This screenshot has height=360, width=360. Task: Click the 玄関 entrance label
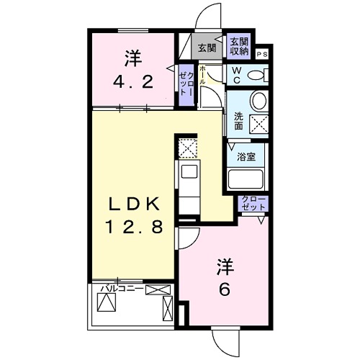pyautogui.click(x=207, y=48)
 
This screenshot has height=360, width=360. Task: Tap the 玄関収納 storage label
pyautogui.click(x=239, y=47)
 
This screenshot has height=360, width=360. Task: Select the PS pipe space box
pyautogui.click(x=262, y=55)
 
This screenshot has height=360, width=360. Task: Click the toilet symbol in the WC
pyautogui.click(x=258, y=75)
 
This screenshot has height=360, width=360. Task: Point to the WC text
pyautogui.click(x=237, y=75)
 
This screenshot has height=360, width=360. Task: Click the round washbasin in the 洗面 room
pyautogui.click(x=258, y=101)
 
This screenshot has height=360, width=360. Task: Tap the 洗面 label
pyautogui.click(x=238, y=121)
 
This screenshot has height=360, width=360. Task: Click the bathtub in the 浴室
pyautogui.click(x=246, y=179)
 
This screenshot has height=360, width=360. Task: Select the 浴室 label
pyautogui.click(x=246, y=157)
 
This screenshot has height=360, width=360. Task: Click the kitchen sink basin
pyautogui.click(x=189, y=171)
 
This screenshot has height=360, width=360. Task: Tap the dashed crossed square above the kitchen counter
pyautogui.click(x=188, y=148)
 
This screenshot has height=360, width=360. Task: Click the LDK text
pyautogui.click(x=134, y=204)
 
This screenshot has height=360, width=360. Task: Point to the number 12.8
pyautogui.click(x=134, y=227)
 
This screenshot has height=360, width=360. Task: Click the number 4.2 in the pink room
pyautogui.click(x=133, y=82)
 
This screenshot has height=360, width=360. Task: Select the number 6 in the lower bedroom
pyautogui.click(x=225, y=289)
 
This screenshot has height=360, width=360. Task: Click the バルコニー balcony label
pyautogui.click(x=122, y=289)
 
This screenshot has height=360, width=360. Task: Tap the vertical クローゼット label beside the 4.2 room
pyautogui.click(x=186, y=84)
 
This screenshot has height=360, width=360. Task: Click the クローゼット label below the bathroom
pyautogui.click(x=253, y=203)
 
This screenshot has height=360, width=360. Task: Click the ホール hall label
pyautogui.click(x=202, y=75)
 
